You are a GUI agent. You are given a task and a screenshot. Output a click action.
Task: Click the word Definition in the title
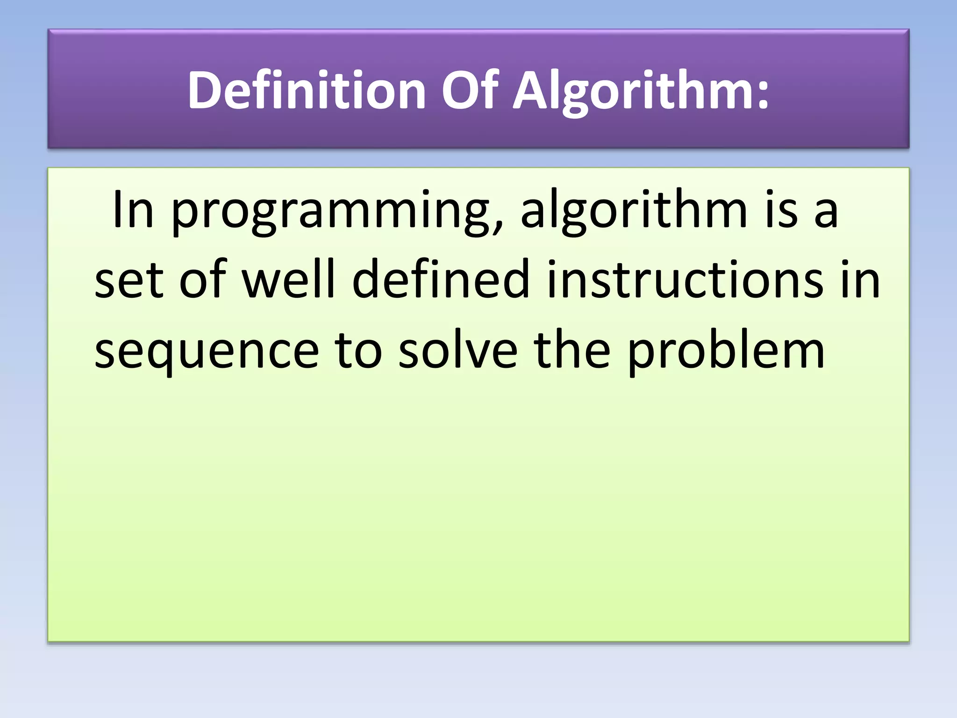pos(306,90)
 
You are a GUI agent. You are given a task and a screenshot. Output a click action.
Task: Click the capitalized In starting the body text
pos(133,210)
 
